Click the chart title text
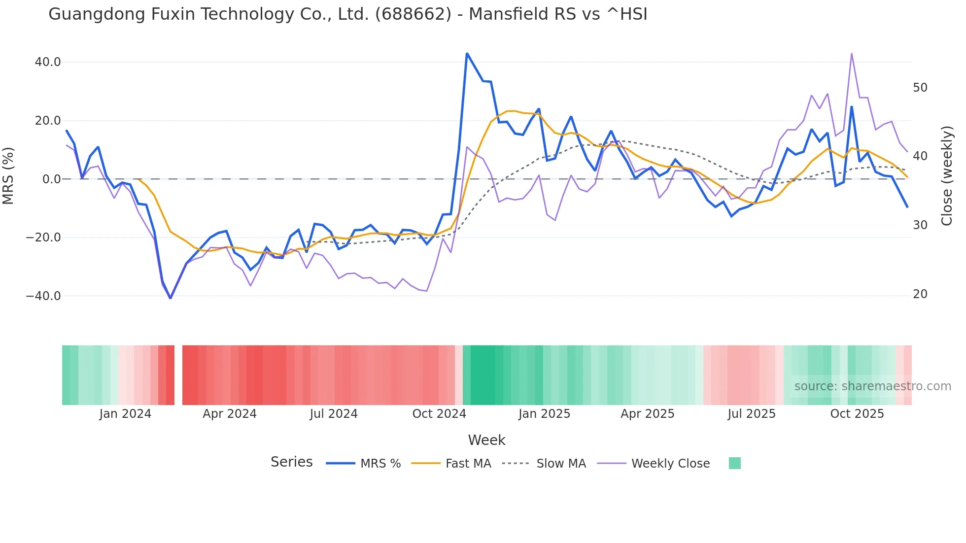[x=347, y=14]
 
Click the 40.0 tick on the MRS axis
[x=48, y=62]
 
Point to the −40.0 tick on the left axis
[x=43, y=296]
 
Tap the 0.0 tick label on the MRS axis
[x=51, y=179]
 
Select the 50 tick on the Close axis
[x=920, y=88]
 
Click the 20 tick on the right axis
[x=920, y=294]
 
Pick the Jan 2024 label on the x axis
[x=125, y=414]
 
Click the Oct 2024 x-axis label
[x=439, y=414]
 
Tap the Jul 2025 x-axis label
[x=752, y=414]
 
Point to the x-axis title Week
[x=486, y=440]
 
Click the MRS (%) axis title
[x=8, y=175]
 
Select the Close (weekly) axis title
[x=947, y=175]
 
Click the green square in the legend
[x=734, y=463]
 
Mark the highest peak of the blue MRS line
[x=467, y=54]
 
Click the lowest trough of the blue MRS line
[x=171, y=298]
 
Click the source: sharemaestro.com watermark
[x=872, y=386]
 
